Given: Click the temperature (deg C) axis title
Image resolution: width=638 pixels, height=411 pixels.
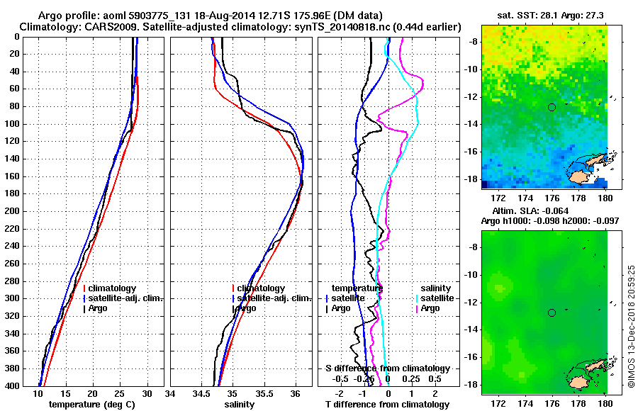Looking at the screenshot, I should (x=92, y=405).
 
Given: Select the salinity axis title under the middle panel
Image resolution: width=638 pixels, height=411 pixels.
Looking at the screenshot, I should (x=241, y=405).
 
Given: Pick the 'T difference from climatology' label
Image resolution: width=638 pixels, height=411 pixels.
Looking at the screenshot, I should (x=387, y=405).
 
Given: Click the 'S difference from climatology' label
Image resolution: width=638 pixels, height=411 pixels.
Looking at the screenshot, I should (x=387, y=368).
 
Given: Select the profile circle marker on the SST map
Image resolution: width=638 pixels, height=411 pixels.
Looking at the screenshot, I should (x=552, y=107).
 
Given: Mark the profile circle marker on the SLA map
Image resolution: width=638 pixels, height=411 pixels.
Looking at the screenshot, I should (x=552, y=313).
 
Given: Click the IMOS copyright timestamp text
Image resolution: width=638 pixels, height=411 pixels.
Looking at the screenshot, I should (x=630, y=329).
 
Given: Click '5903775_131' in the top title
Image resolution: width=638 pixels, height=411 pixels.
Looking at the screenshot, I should (x=152, y=15).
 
